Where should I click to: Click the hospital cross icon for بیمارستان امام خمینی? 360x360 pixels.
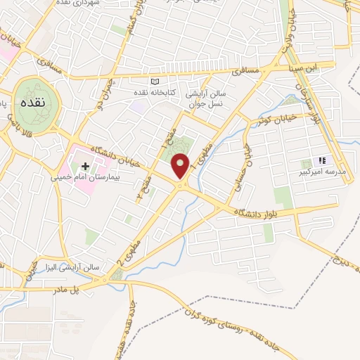coord(86,167)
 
